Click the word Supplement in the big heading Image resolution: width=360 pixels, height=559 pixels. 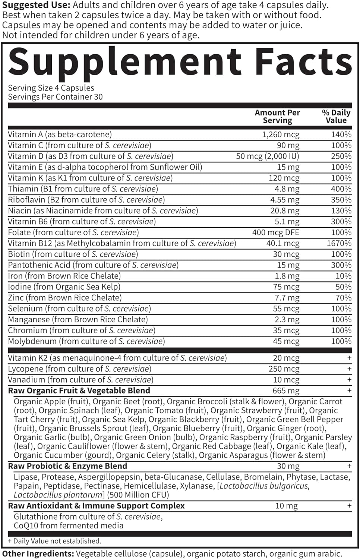125,63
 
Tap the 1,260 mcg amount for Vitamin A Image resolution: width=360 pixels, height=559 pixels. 281,135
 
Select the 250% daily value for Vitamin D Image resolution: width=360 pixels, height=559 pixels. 341,156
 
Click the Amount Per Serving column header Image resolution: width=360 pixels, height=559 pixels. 277,116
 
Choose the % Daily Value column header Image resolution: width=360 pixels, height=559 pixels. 336,116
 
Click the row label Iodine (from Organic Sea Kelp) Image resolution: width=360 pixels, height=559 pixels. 64,287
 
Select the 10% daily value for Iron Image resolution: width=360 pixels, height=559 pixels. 343,276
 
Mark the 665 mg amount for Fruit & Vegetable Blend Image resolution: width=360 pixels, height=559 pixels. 286,391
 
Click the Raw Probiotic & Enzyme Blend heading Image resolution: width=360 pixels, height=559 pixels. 67,466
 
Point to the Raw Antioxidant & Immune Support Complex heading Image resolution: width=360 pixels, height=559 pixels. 96,506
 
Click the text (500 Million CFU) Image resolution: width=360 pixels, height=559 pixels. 138,495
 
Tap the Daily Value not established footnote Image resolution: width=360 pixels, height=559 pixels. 54,541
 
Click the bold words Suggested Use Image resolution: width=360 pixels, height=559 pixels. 36,6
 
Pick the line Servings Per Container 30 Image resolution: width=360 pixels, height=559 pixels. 55,97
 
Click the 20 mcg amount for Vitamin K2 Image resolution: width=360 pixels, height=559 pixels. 286,358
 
